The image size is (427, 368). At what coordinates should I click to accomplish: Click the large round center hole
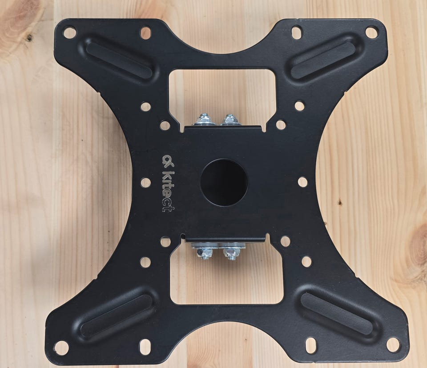[224, 182]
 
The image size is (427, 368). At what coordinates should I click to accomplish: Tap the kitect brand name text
[169, 192]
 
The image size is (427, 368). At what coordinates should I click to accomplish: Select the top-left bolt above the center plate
[204, 120]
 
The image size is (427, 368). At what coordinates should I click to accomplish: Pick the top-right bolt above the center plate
[230, 120]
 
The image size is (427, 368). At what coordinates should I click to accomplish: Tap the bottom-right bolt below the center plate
[231, 253]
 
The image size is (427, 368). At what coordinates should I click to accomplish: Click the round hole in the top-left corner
[69, 32]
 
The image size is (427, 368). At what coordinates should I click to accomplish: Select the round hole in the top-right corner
[371, 32]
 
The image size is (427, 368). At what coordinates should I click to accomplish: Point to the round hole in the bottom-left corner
[61, 348]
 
